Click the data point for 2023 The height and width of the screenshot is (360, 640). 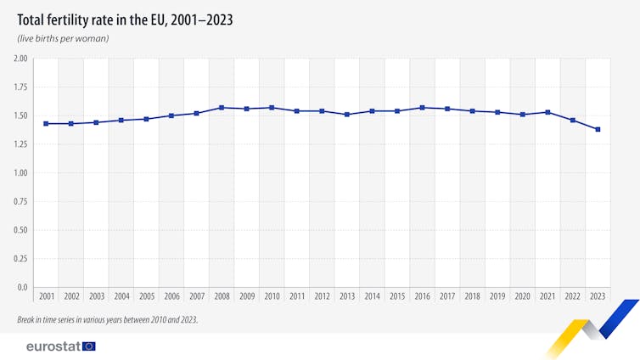coord(598,129)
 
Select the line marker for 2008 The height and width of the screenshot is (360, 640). coord(222,108)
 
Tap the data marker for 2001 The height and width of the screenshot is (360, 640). coord(46,124)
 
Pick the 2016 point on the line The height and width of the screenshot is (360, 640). coord(422,108)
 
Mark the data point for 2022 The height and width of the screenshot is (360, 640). coord(573,121)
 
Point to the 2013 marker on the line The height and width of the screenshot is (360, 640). coord(347,115)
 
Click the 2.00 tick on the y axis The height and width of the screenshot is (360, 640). coord(20,59)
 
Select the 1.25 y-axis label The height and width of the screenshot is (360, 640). coord(20,144)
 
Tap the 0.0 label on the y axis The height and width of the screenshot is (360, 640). coord(22,287)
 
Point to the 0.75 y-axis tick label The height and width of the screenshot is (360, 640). coord(20,201)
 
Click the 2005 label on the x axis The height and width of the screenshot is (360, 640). coord(146,296)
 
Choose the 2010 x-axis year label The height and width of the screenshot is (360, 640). coord(272,296)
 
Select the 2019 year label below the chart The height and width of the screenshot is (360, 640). coord(497,296)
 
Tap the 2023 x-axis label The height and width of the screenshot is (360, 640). coord(598,296)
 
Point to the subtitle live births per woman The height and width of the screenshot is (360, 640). coord(63,39)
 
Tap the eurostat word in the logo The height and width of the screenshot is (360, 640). coord(53,346)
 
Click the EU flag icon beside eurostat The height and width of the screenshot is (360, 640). coord(89,346)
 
